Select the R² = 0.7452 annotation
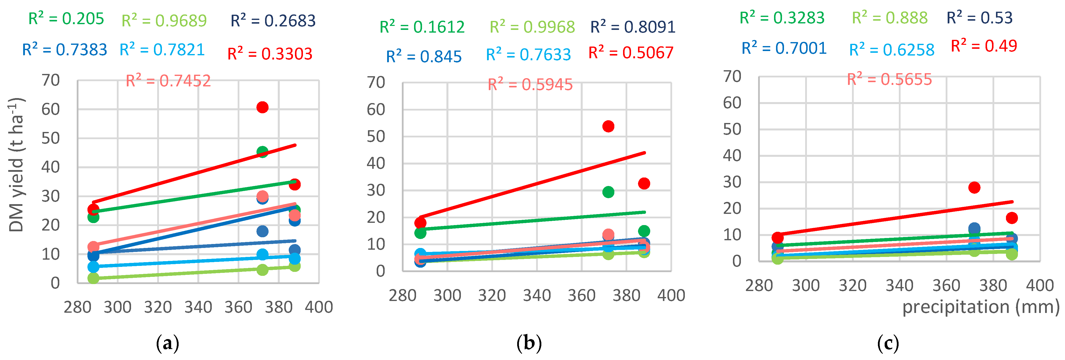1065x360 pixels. click(168, 81)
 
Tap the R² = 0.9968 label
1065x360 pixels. click(532, 27)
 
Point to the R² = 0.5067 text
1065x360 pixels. click(631, 53)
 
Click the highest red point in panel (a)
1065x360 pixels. click(262, 108)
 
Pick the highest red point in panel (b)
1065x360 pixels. click(608, 126)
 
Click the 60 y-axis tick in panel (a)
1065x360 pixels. click(50, 110)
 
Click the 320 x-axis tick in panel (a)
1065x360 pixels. click(158, 307)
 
